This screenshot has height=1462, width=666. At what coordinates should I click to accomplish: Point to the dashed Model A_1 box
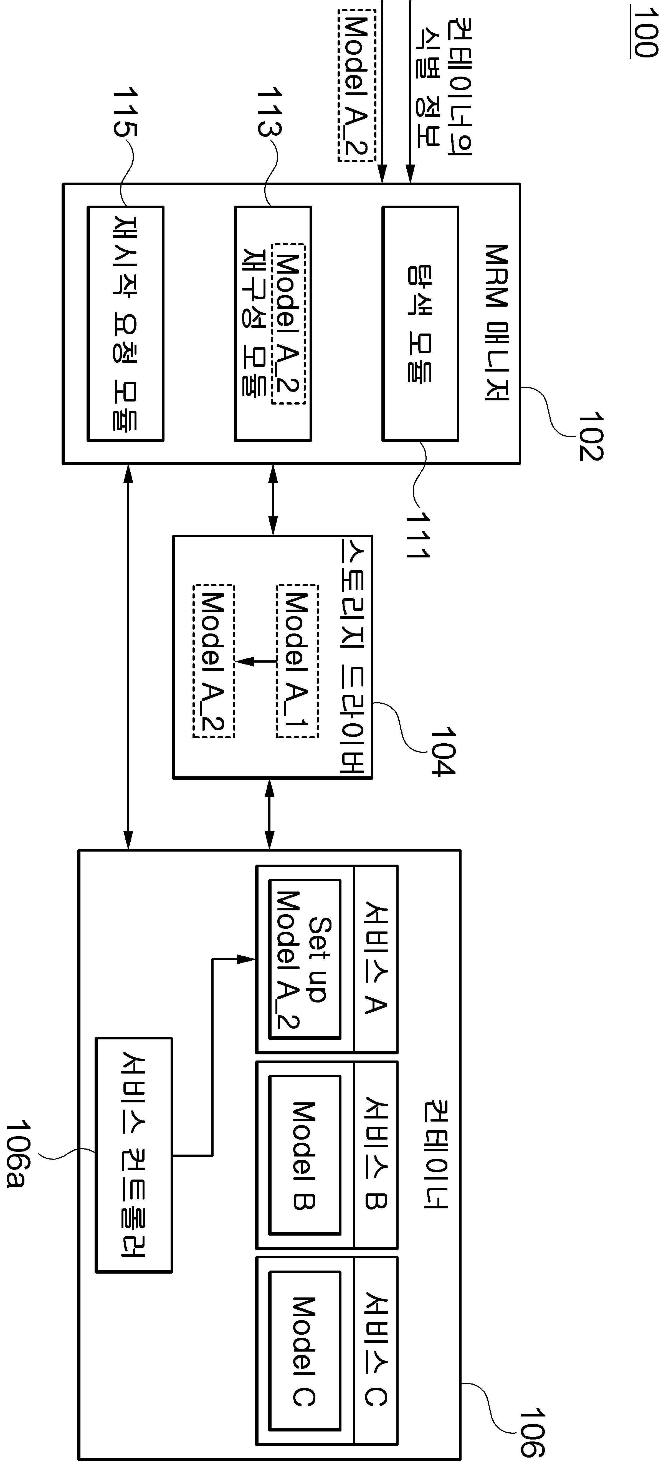(297, 661)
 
